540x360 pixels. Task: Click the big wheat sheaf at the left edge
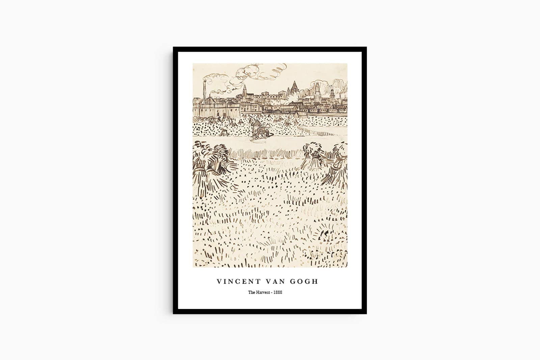click(x=208, y=165)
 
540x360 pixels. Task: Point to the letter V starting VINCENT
click(x=219, y=281)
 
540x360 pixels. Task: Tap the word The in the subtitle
click(x=251, y=292)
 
